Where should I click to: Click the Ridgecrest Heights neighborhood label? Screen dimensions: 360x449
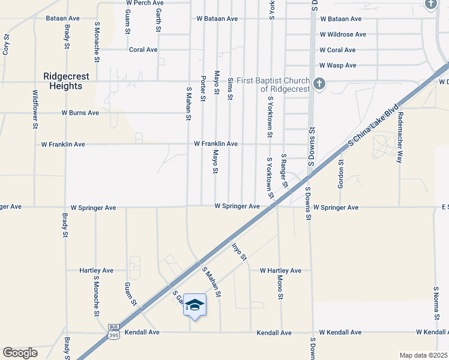[62, 81]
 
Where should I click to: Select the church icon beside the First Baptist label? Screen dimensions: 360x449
[320, 84]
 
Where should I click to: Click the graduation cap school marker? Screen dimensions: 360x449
[194, 305]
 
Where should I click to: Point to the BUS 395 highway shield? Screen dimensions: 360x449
[113, 331]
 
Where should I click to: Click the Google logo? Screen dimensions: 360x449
[20, 353]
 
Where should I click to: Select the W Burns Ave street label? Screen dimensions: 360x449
[80, 113]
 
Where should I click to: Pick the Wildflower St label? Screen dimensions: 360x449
[35, 109]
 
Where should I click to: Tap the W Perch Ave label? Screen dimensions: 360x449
[145, 3]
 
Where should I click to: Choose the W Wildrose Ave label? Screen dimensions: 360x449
[341, 35]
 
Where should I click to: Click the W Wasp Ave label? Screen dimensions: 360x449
[338, 65]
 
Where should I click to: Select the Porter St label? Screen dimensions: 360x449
[203, 88]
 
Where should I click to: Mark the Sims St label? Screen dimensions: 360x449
[229, 88]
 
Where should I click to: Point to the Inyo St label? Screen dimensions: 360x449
[239, 250]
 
